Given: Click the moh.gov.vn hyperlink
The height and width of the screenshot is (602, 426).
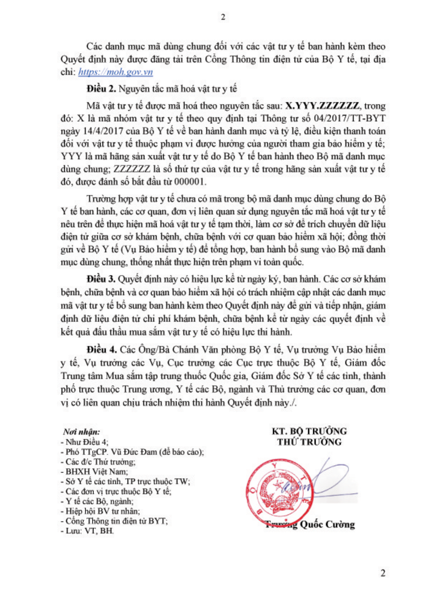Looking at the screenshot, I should pyautogui.click(x=115, y=72).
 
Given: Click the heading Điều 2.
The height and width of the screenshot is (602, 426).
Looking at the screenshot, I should pyautogui.click(x=101, y=89).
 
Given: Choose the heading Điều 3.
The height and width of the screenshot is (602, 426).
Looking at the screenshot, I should pyautogui.click(x=101, y=279).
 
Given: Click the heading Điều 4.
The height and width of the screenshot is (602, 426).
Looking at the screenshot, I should pyautogui.click(x=102, y=350).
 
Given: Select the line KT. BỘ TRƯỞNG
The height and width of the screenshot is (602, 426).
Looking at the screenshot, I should pyautogui.click(x=309, y=431).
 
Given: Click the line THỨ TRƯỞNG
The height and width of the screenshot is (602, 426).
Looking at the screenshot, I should pyautogui.click(x=309, y=442).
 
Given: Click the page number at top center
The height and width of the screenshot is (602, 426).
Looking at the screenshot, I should pyautogui.click(x=223, y=17).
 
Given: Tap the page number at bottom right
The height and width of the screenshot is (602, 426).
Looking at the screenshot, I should pyautogui.click(x=383, y=573).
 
